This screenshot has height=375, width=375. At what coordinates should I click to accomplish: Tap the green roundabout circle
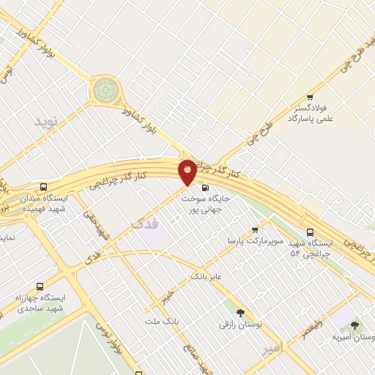[x=105, y=90]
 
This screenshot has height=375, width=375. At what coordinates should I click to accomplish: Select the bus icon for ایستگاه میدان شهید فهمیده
[x=45, y=187]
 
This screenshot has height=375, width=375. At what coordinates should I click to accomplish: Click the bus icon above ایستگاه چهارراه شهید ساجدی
[x=39, y=287]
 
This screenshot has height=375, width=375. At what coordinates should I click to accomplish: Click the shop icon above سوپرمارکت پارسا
[x=255, y=230]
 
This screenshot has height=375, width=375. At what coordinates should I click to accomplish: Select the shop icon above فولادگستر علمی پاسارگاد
[x=311, y=97]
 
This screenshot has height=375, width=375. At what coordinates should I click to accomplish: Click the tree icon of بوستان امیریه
[x=354, y=325]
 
